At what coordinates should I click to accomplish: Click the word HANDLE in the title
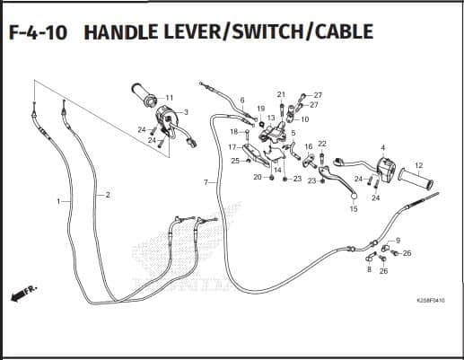[121, 32]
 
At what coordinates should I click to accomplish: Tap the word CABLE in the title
[345, 32]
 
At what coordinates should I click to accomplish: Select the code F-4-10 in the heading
[38, 32]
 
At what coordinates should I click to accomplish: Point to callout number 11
[170, 98]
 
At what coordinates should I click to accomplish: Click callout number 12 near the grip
[419, 165]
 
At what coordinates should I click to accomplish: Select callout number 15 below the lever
[354, 209]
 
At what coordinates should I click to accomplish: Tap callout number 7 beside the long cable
[206, 182]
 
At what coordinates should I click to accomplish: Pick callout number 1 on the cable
[58, 201]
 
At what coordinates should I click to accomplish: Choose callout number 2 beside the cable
[108, 195]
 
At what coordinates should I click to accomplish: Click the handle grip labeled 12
[416, 179]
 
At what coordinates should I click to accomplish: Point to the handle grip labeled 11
[144, 94]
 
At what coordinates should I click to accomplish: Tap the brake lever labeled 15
[337, 180]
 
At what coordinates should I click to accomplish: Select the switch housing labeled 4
[386, 169]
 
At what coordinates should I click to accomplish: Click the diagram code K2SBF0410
[431, 300]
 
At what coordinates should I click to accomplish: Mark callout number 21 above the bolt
[281, 94]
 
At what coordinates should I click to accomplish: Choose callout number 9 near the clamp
[398, 241]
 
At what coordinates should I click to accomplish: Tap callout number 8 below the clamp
[369, 269]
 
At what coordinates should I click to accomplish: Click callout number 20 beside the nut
[258, 177]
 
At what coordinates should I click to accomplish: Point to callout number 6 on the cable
[242, 100]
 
